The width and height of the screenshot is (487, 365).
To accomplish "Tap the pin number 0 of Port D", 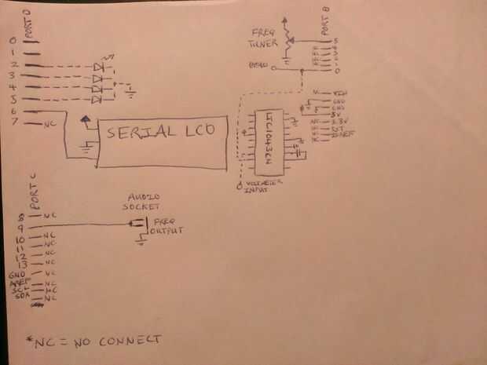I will click(11, 40).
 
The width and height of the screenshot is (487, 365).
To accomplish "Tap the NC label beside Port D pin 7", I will click(50, 123).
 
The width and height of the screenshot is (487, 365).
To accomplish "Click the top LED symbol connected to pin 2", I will click(98, 68).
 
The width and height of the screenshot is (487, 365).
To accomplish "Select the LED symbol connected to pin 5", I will click(97, 100).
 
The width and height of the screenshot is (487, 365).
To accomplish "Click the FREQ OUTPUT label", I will click(167, 228).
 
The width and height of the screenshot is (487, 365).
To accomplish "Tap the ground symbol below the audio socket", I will click(139, 242).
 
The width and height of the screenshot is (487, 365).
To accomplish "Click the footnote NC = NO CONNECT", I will click(94, 340).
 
